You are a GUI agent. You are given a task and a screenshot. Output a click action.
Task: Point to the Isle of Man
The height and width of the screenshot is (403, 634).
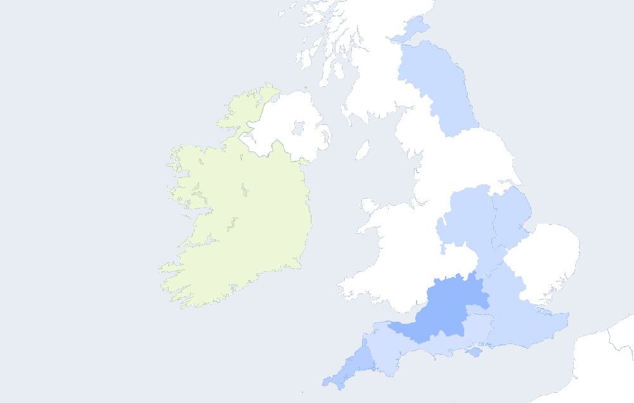point(363,151)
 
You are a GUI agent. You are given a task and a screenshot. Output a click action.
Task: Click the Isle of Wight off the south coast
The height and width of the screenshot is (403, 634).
point(474,352)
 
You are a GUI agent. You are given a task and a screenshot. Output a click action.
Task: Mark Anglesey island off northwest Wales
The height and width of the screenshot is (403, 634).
point(367,205)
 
